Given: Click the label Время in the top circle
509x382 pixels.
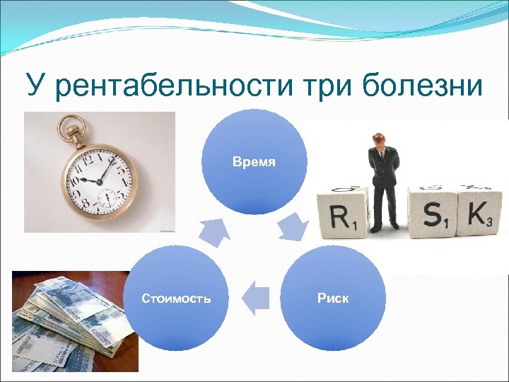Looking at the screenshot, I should [x=255, y=162].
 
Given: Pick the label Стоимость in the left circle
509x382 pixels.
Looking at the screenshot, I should [x=176, y=299].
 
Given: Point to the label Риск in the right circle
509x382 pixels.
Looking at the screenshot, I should [x=333, y=299].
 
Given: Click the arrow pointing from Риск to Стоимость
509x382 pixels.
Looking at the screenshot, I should [x=256, y=296].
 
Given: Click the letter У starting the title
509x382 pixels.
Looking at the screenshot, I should [x=36, y=86].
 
